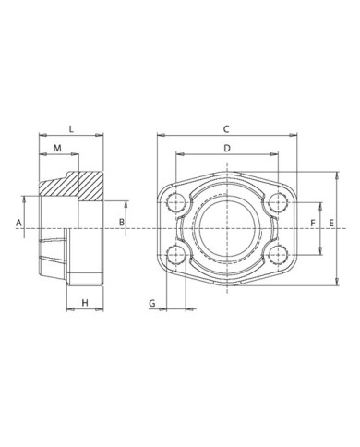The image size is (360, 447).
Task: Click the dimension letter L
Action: click(70, 129)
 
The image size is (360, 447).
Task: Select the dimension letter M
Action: click(57, 149)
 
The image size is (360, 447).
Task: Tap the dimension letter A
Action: click(18, 223)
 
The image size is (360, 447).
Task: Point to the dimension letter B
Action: click(121, 223)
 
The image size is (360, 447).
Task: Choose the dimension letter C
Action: click(226, 128)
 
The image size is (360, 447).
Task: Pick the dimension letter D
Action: click(226, 148)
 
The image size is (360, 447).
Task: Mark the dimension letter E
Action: click(333, 223)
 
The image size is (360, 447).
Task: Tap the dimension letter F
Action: click(314, 223)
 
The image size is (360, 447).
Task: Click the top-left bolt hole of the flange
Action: click(175, 201)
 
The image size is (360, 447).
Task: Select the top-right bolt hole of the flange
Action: click(278, 201)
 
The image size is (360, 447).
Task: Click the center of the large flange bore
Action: click(226, 227)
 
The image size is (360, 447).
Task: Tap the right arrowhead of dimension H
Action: click(98, 311)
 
